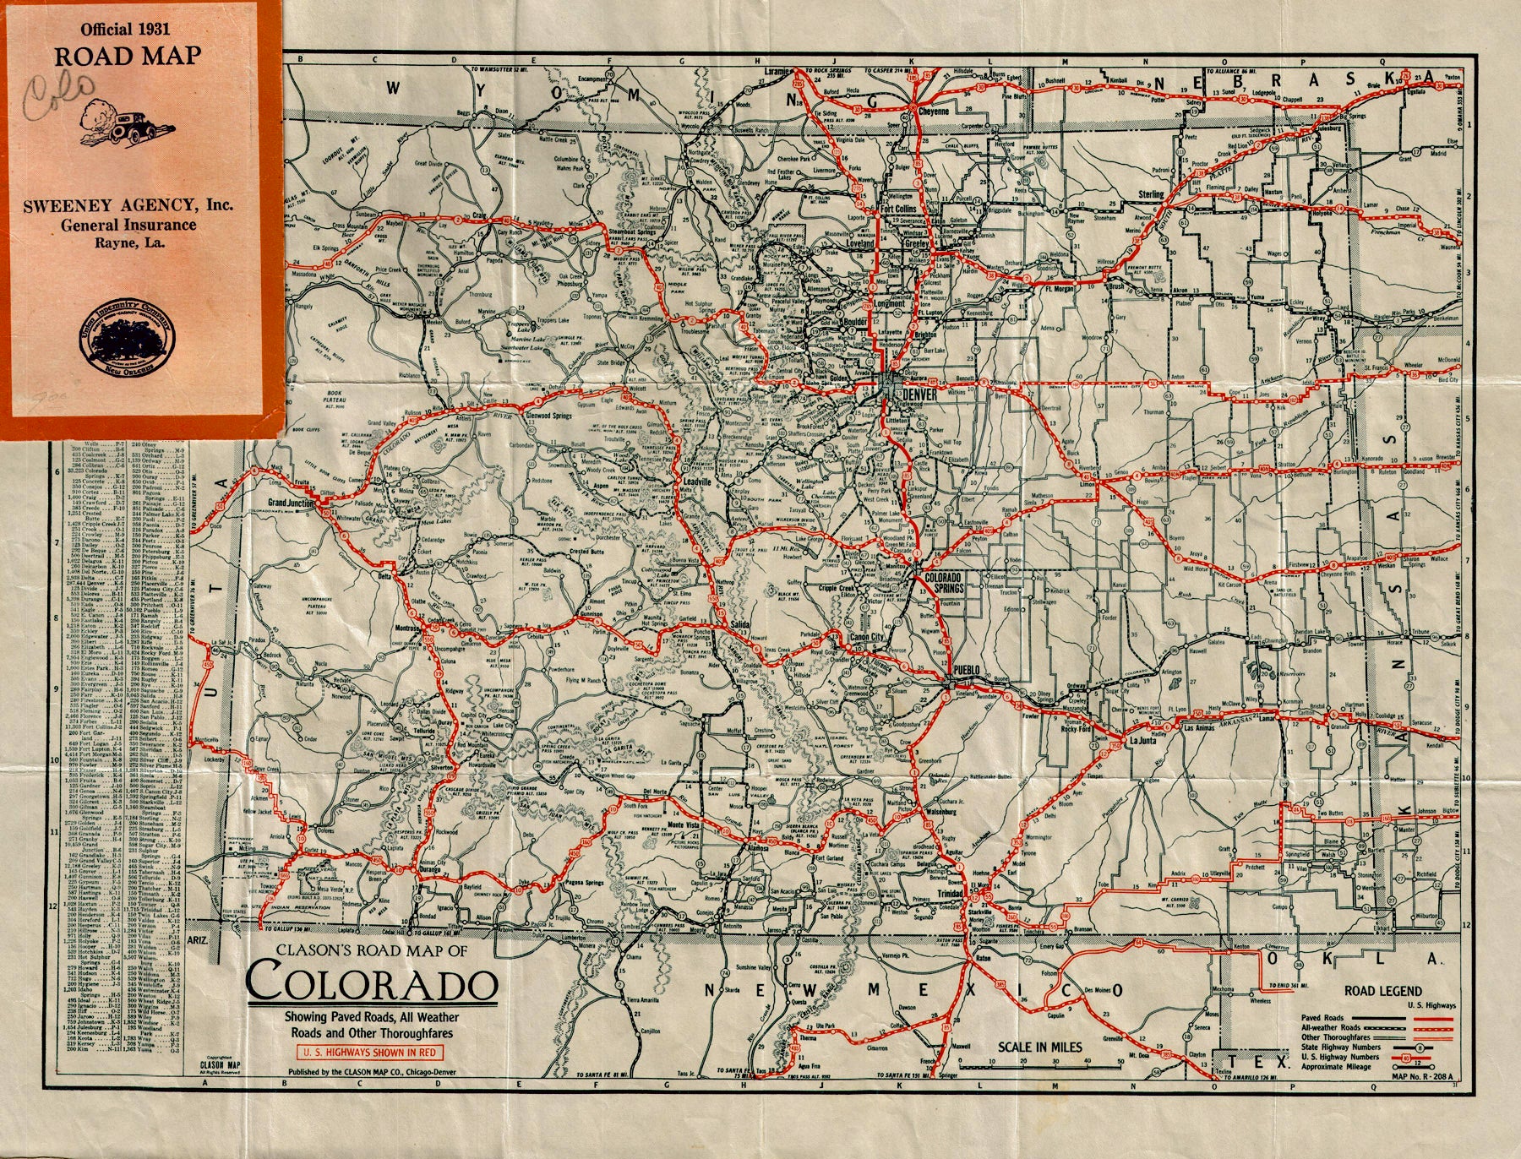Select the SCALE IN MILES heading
pos(1040,1047)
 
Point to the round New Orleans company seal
pos(117,335)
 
